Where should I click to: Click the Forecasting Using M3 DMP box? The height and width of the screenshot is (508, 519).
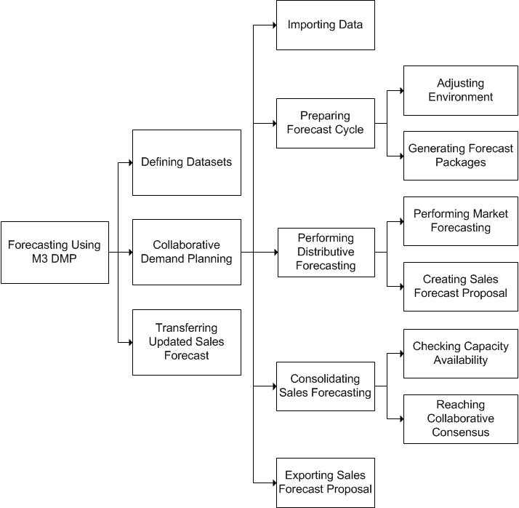[55, 253]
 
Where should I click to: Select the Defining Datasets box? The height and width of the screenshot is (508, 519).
[186, 162]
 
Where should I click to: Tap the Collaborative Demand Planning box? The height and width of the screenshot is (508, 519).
[186, 252]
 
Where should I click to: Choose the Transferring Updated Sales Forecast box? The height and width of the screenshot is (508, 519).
[186, 342]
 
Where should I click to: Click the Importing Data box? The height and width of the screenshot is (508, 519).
[325, 25]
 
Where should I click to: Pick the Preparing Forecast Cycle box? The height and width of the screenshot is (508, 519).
[325, 123]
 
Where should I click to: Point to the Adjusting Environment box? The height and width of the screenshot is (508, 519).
[460, 90]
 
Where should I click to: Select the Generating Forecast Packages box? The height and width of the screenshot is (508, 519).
[460, 156]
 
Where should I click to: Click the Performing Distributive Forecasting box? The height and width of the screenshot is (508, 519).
[326, 252]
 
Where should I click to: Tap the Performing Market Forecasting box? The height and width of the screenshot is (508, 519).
[460, 221]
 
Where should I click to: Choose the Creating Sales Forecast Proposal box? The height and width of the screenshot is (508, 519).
[460, 286]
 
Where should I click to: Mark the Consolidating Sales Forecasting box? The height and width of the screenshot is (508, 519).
[325, 386]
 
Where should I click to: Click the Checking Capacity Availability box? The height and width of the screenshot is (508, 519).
[460, 353]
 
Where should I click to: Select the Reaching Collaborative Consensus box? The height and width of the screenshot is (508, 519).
[460, 418]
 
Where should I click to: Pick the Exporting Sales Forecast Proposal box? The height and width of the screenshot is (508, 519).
[325, 482]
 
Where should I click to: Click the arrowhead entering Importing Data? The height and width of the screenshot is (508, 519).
[273, 25]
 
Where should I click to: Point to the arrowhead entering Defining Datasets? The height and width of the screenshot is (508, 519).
[129, 162]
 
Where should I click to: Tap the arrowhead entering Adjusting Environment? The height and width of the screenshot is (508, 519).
[401, 90]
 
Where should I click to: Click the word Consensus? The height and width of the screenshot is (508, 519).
[460, 432]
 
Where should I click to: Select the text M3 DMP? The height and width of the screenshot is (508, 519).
[55, 260]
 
